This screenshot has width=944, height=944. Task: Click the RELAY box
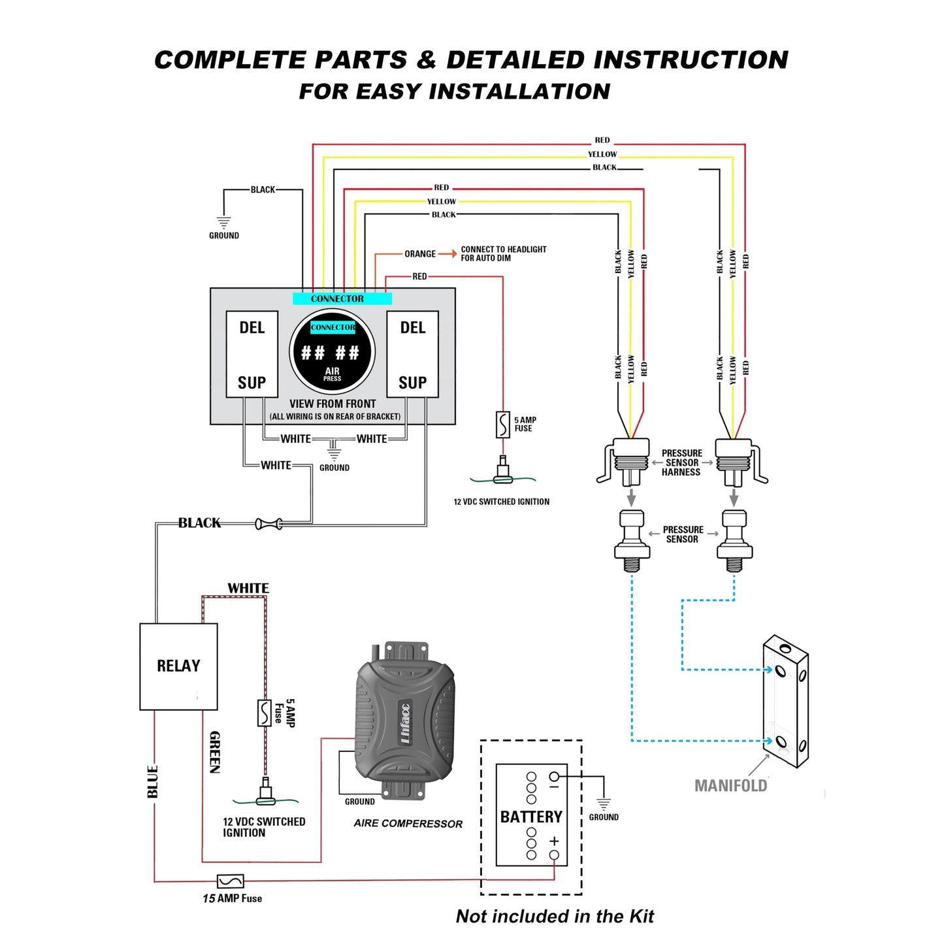[178, 666]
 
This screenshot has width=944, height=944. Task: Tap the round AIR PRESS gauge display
[332, 351]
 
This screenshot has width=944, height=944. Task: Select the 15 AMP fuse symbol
[230, 881]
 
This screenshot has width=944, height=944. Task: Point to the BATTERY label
[530, 817]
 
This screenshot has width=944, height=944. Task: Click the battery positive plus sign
[554, 841]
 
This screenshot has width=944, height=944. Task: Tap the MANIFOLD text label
[730, 785]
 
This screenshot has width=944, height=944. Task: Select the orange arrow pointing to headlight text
[448, 253]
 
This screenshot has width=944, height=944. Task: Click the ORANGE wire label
[420, 254]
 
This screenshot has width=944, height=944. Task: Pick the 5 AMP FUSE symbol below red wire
[502, 425]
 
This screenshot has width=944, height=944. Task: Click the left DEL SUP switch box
[252, 354]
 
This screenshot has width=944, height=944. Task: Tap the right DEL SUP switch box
[412, 354]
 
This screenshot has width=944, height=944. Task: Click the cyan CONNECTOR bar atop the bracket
[342, 299]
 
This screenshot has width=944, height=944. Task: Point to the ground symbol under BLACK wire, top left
[223, 223]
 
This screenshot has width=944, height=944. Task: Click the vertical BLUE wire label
[153, 781]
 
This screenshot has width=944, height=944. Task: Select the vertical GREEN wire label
[215, 752]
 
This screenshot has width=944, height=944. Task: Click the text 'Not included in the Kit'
[555, 916]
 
